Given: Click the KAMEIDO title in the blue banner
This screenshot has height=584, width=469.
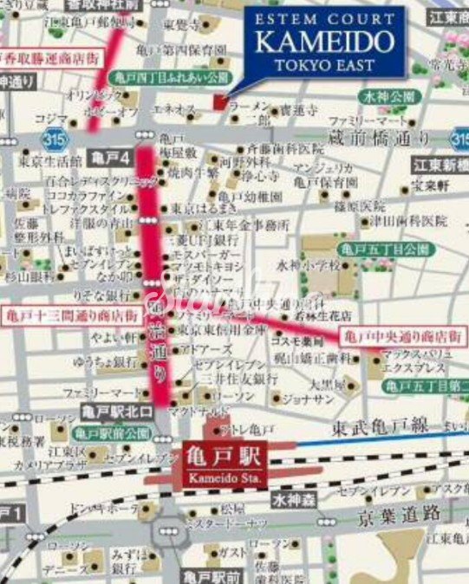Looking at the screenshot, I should click(326, 42).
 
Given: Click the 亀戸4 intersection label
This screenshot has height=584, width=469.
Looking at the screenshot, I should click(110, 159).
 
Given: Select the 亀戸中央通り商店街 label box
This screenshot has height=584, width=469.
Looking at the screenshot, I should click(403, 334).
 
